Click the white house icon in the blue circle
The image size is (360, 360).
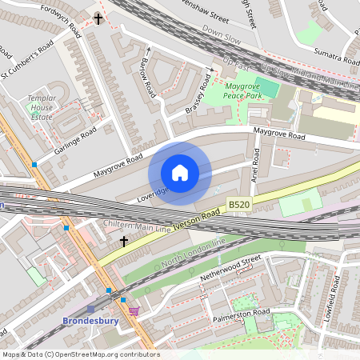[180, 173]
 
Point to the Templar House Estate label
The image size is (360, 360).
[41, 107]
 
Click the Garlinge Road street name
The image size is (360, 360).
[77, 141]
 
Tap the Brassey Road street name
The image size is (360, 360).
[201, 94]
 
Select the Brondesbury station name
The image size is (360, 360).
[90, 322]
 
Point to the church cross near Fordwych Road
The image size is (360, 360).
[98, 18]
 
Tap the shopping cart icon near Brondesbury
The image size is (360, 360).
[134, 310]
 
